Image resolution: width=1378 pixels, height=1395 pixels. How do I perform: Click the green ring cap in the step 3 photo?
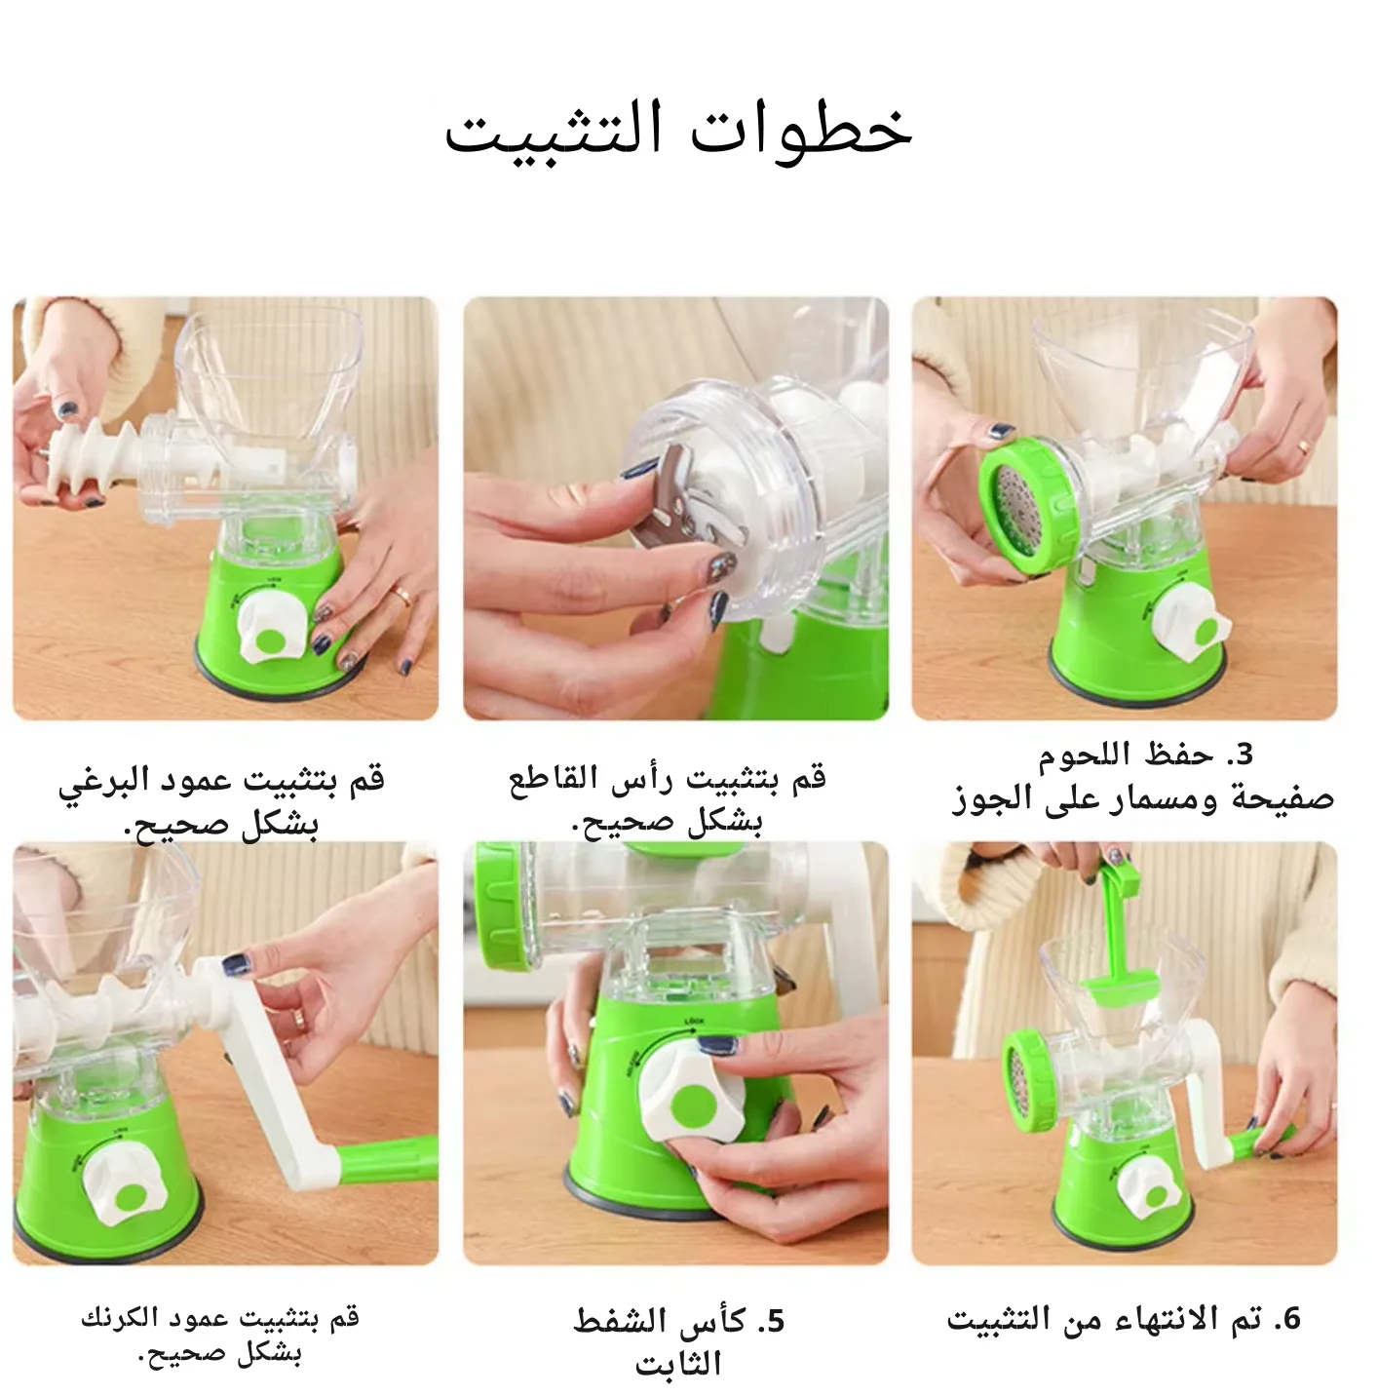point(1029,507)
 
